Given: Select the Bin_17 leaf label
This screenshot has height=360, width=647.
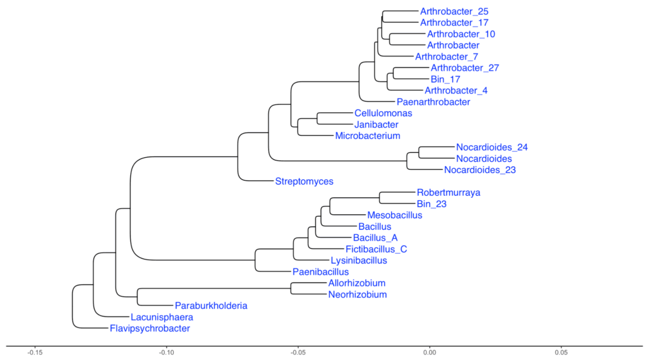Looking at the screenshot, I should (x=445, y=79).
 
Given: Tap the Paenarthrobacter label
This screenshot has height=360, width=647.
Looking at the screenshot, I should (x=433, y=102).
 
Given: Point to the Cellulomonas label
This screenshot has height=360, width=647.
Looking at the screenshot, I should (x=383, y=113).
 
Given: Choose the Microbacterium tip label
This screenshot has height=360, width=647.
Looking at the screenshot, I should (x=367, y=136).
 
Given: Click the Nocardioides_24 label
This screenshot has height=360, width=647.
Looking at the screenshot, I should (x=492, y=147).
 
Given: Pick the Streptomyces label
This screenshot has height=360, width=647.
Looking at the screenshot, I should (x=304, y=181).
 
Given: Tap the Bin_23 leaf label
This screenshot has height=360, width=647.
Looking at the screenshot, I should (x=432, y=204).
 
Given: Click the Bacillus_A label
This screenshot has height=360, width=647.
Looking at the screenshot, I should (x=375, y=237).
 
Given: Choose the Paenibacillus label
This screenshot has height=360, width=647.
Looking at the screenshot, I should (x=320, y=272).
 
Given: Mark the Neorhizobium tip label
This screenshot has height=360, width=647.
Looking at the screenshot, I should (x=357, y=294).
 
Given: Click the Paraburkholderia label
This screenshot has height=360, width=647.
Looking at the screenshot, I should (x=211, y=306).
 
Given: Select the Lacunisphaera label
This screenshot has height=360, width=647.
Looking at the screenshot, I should (x=161, y=317).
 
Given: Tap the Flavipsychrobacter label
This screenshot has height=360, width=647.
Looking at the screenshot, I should (x=150, y=328).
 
